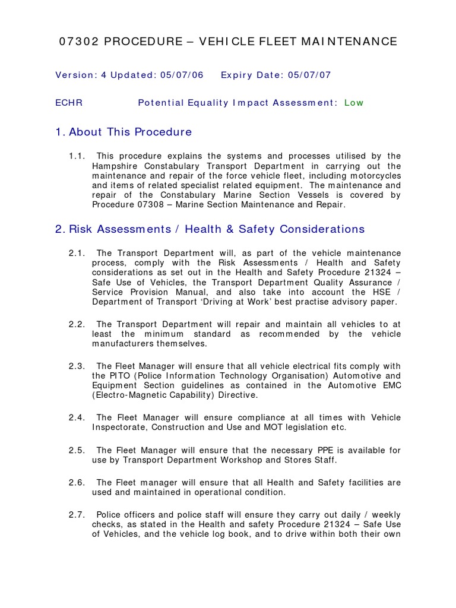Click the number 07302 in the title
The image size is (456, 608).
click(76, 42)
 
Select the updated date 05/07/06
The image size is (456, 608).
click(180, 75)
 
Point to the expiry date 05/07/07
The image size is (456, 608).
click(309, 75)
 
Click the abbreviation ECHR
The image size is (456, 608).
click(69, 103)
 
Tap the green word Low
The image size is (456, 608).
click(354, 103)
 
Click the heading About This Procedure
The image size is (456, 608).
click(130, 132)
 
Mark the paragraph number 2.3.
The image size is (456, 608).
click(77, 366)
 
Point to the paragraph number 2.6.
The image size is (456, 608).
click(77, 482)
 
